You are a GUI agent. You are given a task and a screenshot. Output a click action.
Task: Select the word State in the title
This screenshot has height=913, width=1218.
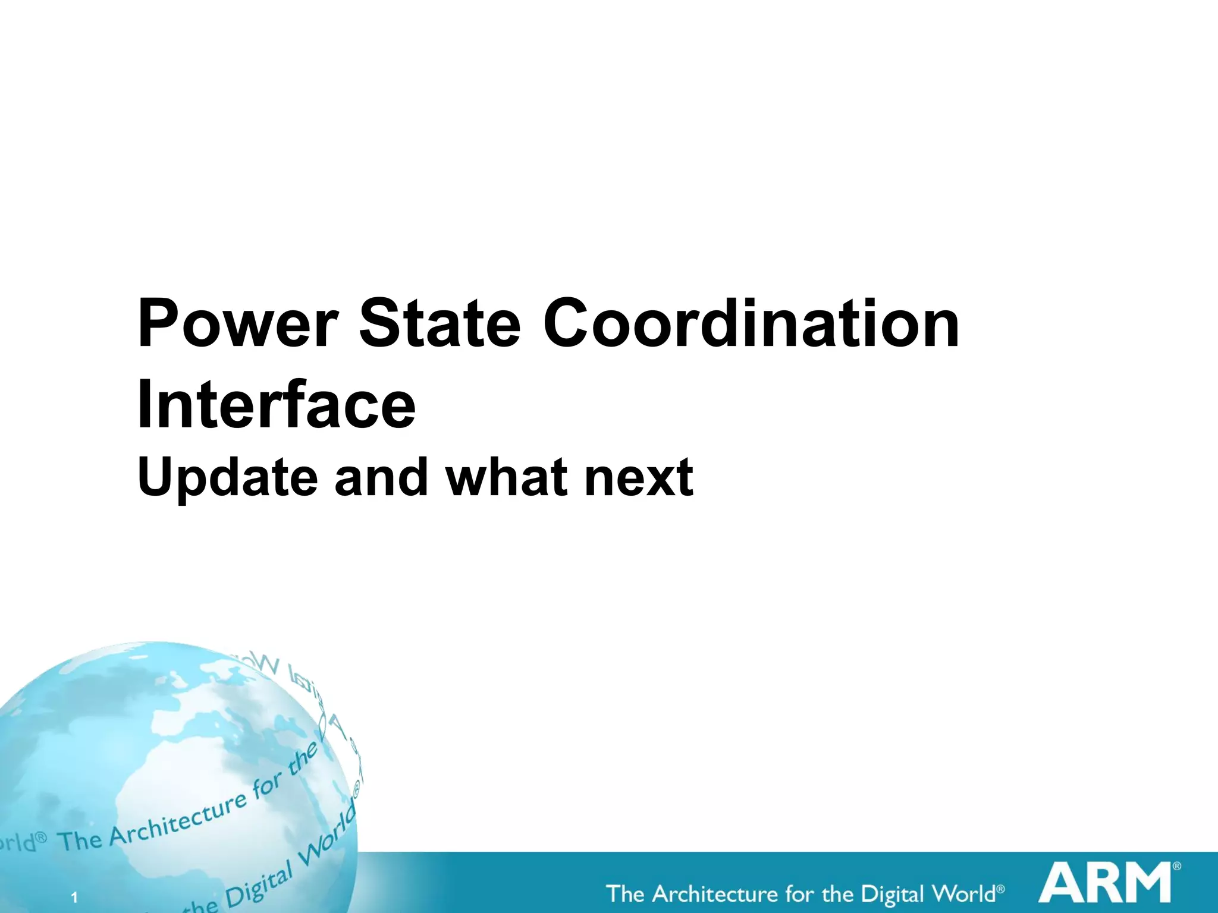[x=440, y=325]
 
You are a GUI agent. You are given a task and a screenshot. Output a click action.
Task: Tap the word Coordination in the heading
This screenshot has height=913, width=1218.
[x=751, y=325]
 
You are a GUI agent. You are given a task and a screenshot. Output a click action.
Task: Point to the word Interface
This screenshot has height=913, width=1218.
[x=276, y=405]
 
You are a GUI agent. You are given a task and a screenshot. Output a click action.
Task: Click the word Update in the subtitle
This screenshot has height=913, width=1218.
[x=228, y=478]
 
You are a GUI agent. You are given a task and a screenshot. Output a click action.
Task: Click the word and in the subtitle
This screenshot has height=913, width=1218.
[x=381, y=477]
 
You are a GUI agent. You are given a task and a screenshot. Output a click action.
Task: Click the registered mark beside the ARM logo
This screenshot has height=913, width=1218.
[x=1176, y=867]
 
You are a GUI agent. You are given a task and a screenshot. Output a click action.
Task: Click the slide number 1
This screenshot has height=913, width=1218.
[x=74, y=898]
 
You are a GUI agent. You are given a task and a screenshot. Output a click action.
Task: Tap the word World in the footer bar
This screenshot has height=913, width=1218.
[x=963, y=893]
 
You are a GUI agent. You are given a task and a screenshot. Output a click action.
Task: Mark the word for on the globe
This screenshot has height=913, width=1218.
[x=266, y=788]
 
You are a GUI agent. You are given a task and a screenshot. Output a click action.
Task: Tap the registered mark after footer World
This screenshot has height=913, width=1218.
[x=1000, y=889]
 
